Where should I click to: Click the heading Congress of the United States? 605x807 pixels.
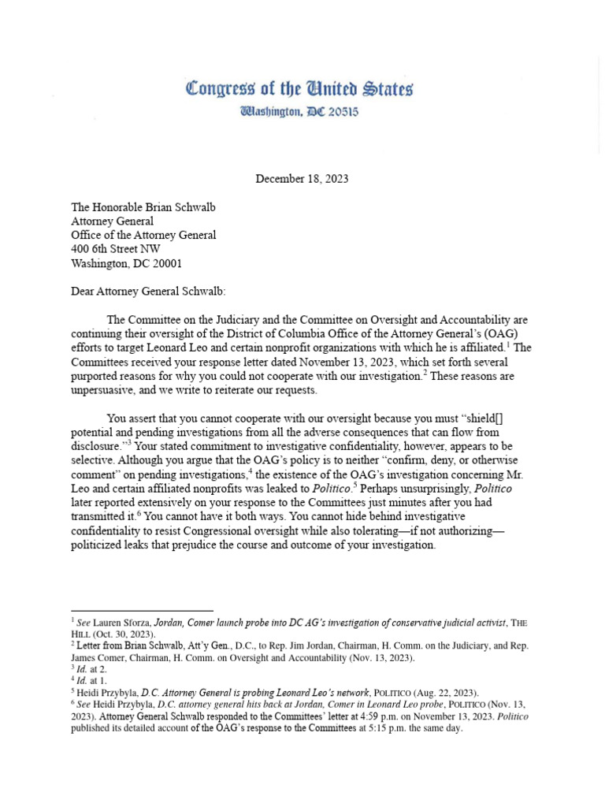[x=299, y=88]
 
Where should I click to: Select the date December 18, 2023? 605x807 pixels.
[x=302, y=179]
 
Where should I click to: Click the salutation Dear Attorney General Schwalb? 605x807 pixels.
[x=148, y=292]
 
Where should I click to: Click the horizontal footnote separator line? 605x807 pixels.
[x=142, y=611]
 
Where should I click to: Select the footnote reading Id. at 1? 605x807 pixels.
[x=87, y=681]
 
